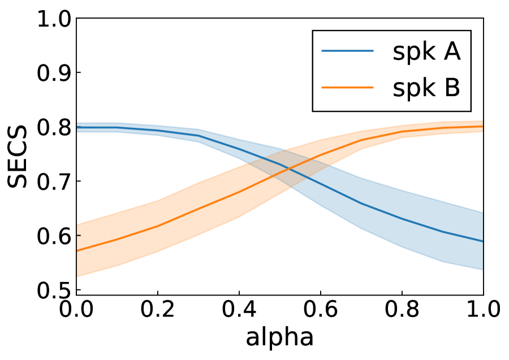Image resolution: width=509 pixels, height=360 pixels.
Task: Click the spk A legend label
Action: tap(426, 52)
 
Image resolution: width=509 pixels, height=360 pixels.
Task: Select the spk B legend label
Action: tap(426, 88)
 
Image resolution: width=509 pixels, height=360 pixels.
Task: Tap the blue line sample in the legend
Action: tap(347, 51)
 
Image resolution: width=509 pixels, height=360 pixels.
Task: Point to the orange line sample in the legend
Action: tap(347, 87)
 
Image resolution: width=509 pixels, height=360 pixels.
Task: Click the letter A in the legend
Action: tap(451, 52)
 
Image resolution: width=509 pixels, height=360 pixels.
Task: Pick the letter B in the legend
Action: tap(452, 88)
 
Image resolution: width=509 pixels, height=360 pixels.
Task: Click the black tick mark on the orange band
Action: tap(79, 235)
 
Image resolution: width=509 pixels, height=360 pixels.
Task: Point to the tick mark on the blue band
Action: tap(79, 126)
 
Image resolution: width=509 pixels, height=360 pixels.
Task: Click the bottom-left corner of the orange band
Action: tap(78, 276)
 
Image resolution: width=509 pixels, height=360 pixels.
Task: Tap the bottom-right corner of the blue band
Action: tap(482, 270)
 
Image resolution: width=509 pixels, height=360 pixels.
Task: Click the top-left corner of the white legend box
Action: tap(314, 32)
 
